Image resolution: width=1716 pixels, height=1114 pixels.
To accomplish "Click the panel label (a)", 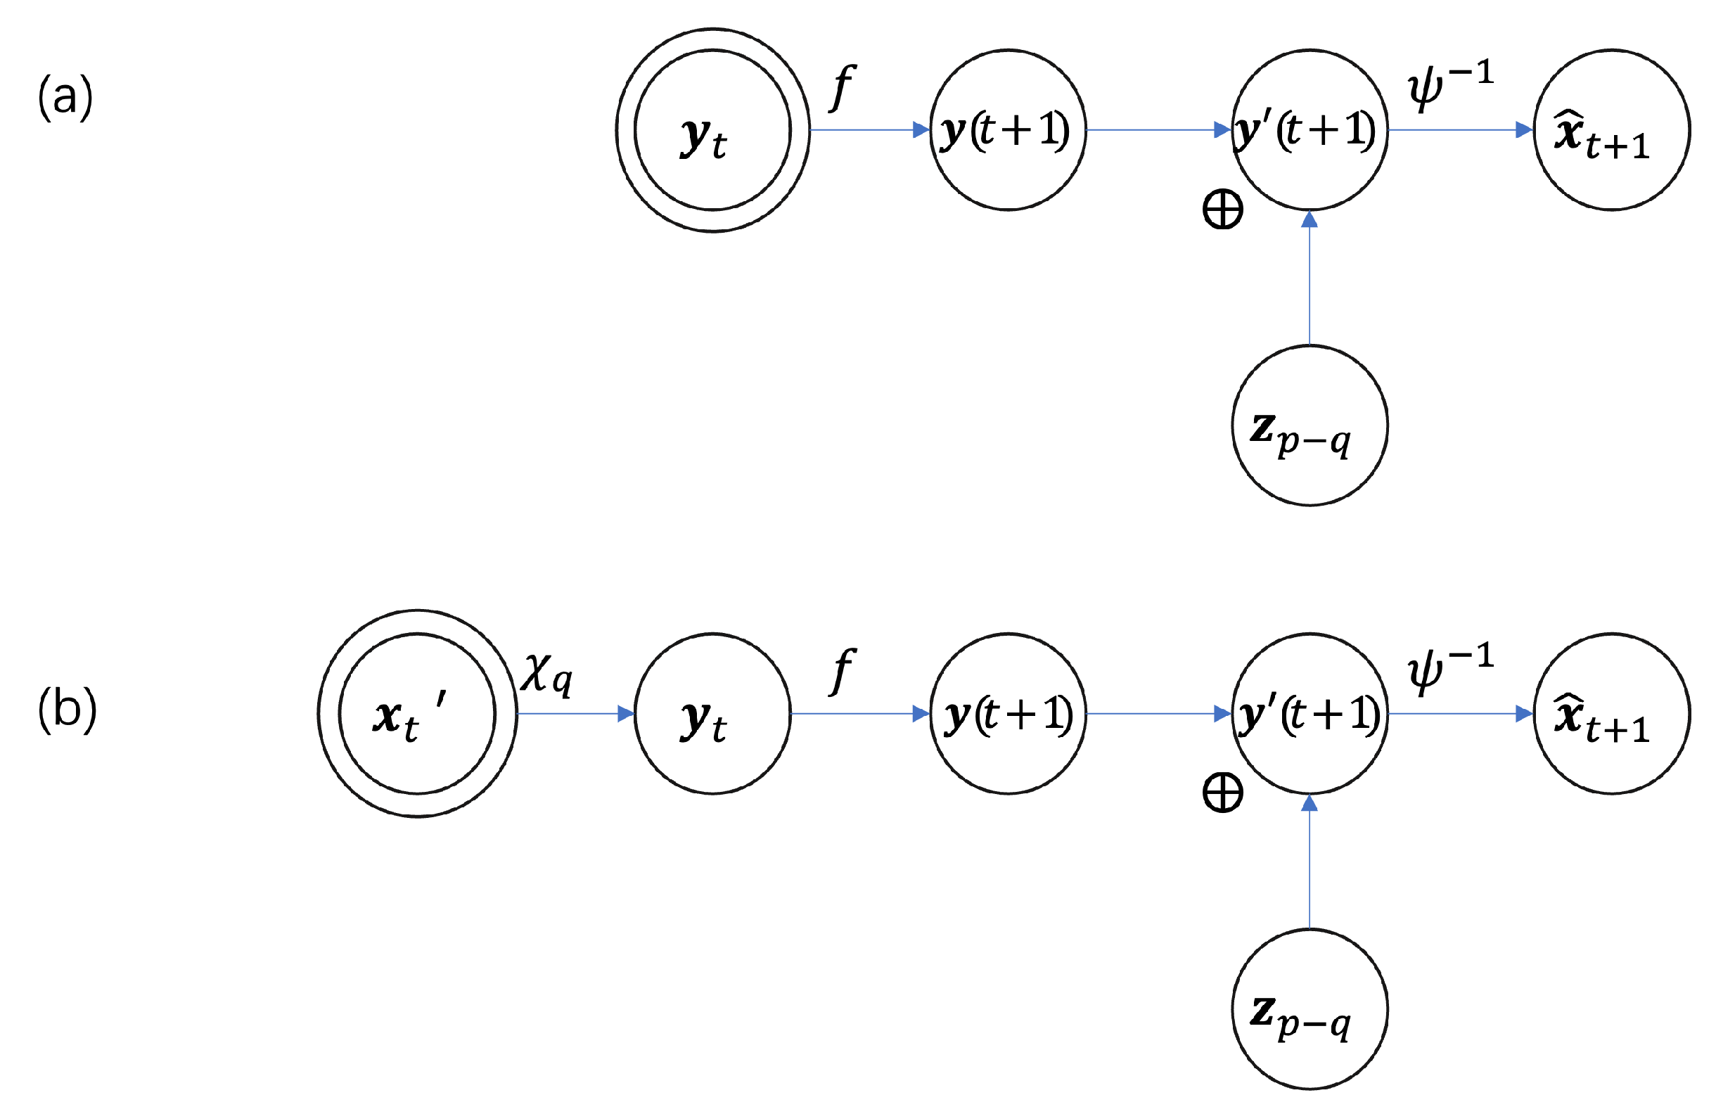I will tap(65, 96).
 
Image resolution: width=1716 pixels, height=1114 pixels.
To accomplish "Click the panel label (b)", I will tap(66, 710).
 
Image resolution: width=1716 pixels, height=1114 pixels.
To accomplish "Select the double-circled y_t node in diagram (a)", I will tap(712, 131).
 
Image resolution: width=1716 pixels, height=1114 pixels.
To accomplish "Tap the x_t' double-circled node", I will tap(418, 715).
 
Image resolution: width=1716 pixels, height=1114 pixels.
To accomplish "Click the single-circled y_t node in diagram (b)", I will tap(712, 715).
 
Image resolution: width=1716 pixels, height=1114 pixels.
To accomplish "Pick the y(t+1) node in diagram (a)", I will tap(1007, 131).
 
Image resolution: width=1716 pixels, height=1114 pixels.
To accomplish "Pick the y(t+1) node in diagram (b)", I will tap(1007, 715).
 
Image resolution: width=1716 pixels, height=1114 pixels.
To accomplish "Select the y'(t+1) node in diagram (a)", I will tap(1310, 131).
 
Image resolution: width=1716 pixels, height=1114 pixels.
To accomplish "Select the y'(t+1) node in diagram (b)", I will tap(1310, 715).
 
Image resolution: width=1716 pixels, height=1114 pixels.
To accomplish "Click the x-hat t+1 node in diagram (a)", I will tap(1611, 131).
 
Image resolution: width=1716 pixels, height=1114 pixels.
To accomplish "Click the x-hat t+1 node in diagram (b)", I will tap(1611, 715).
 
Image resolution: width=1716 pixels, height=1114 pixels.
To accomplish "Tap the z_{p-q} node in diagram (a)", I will tap(1310, 426).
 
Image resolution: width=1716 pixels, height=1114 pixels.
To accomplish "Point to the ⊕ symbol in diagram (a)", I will tap(1223, 210).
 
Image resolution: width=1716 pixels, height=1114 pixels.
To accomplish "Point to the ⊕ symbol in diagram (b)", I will tap(1223, 793).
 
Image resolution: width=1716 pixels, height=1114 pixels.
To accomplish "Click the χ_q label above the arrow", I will tap(546, 674).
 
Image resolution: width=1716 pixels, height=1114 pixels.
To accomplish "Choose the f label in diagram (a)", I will tap(841, 87).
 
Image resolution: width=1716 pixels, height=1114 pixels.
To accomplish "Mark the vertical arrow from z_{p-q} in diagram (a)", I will tap(1310, 281).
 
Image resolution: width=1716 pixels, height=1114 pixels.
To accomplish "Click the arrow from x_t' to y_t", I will tap(575, 715).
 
